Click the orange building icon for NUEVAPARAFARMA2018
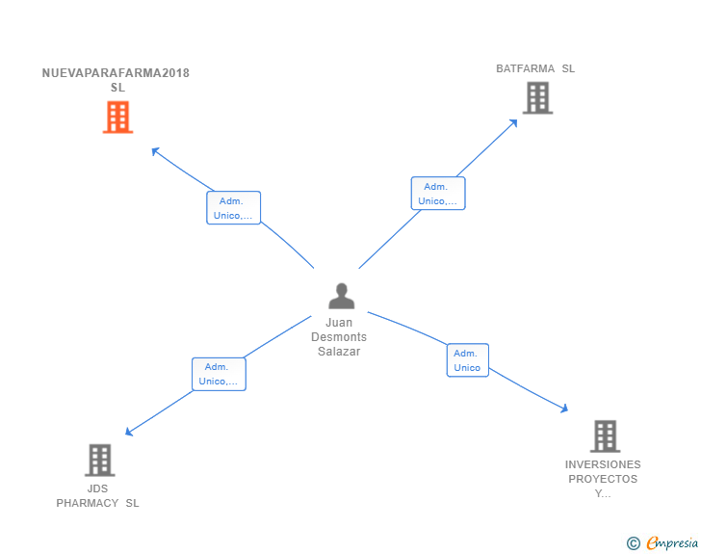[118, 118]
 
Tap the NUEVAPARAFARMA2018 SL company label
[116, 80]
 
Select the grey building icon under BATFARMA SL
[538, 98]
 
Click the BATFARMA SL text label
[535, 68]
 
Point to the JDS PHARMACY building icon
[100, 460]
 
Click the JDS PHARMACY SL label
[97, 496]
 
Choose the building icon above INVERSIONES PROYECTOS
[605, 436]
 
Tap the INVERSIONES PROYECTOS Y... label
[603, 479]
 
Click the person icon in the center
[342, 296]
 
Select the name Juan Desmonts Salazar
[339, 337]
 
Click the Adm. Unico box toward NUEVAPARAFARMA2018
[233, 208]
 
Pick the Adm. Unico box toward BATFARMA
[438, 194]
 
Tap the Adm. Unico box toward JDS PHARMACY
[220, 374]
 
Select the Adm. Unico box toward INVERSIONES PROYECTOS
[468, 360]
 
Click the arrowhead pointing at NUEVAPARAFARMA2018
[155, 151]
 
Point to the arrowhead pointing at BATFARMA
[513, 123]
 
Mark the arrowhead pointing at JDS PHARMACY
[129, 432]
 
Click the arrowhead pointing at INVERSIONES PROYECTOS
[564, 408]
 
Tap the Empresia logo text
[672, 543]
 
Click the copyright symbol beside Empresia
[633, 543]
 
